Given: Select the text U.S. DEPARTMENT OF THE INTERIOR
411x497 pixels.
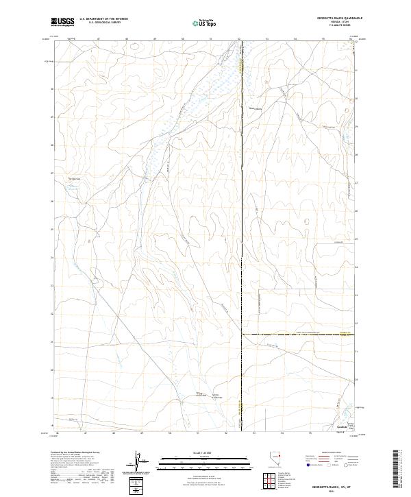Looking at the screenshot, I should (103, 19).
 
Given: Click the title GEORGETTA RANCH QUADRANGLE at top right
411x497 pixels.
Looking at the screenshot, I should (334, 19).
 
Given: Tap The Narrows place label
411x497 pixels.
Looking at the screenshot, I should (73, 180).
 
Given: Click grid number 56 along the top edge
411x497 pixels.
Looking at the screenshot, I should (350, 39).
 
